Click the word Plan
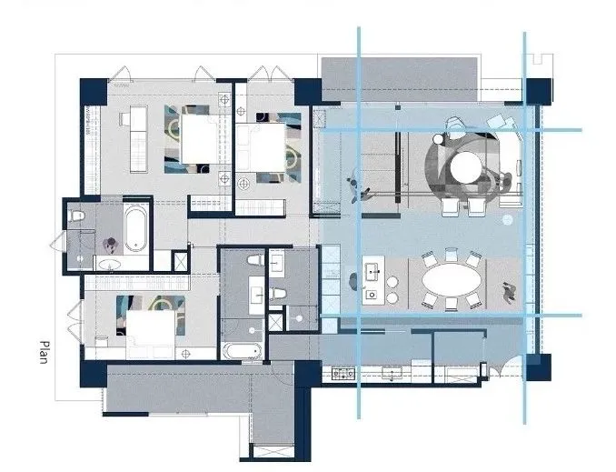click(45, 352)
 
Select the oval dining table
click(452, 280)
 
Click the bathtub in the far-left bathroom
click(136, 229)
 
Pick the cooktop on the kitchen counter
click(343, 373)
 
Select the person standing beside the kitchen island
click(353, 281)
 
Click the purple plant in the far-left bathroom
click(111, 245)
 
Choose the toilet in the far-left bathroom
click(76, 216)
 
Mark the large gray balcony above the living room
click(400, 79)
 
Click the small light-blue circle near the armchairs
click(508, 220)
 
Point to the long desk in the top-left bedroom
click(138, 139)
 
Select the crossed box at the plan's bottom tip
click(273, 451)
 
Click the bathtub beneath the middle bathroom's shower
click(242, 351)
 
